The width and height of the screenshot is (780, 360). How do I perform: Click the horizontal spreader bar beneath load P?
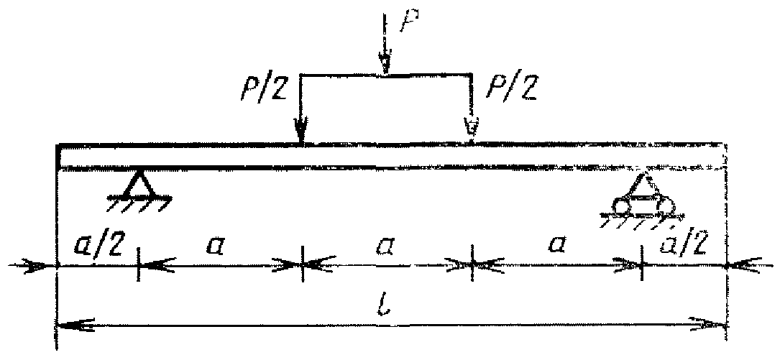(x=386, y=74)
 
